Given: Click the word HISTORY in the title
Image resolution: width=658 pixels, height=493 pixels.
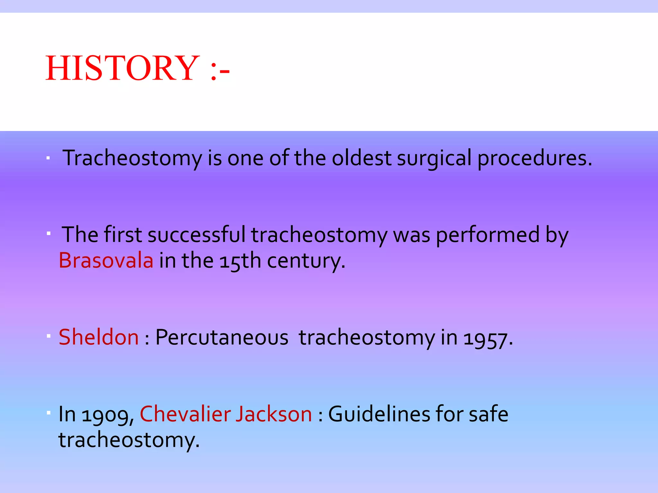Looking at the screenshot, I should [x=122, y=68].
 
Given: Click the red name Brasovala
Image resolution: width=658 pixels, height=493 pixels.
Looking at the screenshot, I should [x=106, y=260].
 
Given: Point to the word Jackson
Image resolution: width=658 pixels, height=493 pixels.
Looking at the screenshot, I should [x=273, y=414].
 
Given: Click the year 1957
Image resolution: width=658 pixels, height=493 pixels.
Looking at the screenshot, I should [x=487, y=338].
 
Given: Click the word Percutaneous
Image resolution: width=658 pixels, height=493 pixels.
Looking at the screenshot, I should [x=222, y=338].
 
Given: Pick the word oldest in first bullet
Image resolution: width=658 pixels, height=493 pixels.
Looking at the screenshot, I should [x=361, y=158].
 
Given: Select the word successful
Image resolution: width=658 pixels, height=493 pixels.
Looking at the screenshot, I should [x=196, y=235].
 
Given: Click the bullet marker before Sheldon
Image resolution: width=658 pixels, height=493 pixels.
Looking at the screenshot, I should [x=49, y=336].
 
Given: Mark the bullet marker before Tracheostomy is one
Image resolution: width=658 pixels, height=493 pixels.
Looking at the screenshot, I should [x=48, y=158].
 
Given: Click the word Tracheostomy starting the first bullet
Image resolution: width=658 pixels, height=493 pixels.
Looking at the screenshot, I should [x=132, y=159].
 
